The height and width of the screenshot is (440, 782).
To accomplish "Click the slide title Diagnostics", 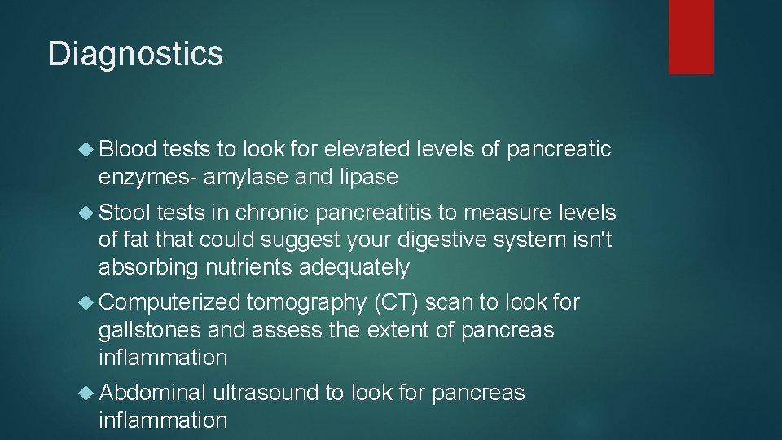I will [135, 54].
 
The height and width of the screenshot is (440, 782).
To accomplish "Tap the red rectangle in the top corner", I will [691, 37].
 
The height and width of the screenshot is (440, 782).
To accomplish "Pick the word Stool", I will [125, 213].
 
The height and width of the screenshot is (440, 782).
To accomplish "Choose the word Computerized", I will [169, 303].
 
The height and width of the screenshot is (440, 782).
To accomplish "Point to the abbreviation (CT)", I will [397, 303].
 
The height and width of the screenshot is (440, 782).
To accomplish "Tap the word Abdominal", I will [152, 394].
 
